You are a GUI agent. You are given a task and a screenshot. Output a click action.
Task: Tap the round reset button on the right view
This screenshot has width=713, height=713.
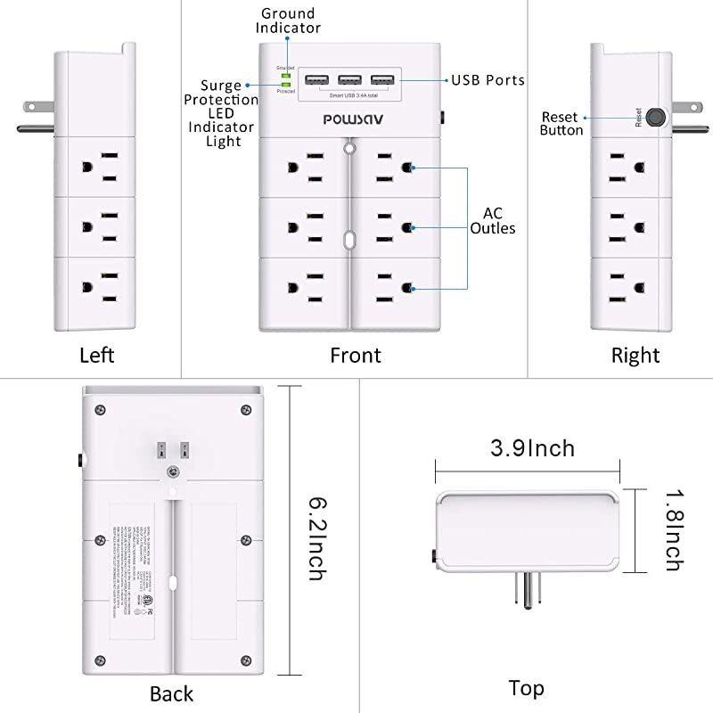pos(657,117)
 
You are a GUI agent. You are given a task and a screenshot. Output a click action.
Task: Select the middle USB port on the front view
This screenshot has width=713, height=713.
pos(349,80)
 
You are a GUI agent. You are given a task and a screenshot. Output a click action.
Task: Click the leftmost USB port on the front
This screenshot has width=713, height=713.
pos(317,80)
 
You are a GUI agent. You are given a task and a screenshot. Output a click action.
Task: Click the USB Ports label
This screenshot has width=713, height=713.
pos(488,80)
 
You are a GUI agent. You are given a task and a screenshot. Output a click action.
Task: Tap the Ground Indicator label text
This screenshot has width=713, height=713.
pos(287,20)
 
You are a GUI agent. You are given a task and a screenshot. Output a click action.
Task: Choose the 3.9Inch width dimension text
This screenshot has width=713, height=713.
pos(531,447)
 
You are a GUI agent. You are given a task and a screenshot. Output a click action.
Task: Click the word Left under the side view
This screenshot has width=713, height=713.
pos(97,356)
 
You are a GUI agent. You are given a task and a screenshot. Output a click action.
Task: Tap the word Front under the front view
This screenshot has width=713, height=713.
pos(356,356)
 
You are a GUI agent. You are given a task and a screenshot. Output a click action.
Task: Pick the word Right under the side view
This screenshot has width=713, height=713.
pos(635,356)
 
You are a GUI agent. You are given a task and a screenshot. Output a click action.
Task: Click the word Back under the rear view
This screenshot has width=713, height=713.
pos(171,693)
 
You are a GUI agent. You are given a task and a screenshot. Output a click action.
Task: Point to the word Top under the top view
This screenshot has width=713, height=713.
pos(526,688)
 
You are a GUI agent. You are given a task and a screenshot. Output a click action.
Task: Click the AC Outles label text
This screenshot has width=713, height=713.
pos(499,221)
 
